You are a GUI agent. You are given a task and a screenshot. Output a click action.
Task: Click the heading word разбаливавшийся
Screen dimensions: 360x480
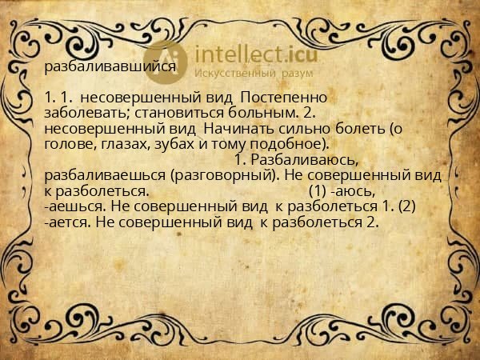[110, 68]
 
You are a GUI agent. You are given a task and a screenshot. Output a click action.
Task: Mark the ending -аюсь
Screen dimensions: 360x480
[358, 190]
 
